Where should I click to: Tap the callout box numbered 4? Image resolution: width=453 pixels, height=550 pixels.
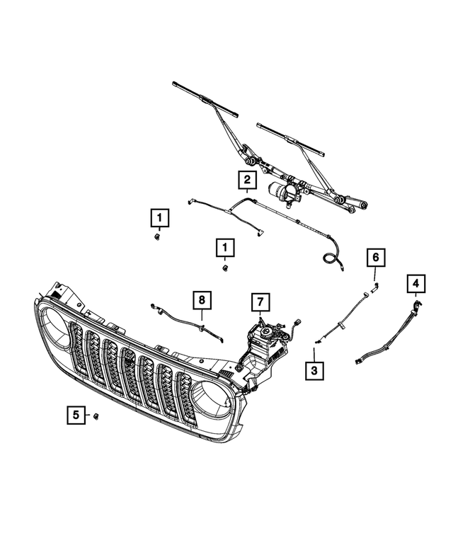point(416,285)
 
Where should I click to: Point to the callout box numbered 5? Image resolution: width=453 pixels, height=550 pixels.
point(75,416)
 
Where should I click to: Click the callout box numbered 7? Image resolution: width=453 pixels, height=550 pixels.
point(260,303)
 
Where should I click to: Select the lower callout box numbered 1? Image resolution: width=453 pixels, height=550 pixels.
point(225,247)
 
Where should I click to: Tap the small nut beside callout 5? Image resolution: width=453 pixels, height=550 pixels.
point(96,416)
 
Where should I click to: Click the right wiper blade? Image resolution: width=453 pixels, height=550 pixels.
point(291,139)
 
